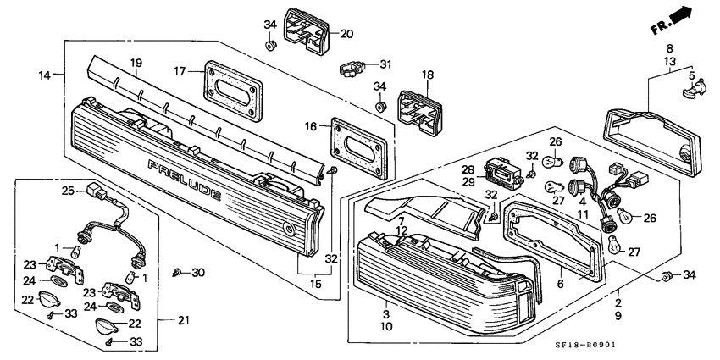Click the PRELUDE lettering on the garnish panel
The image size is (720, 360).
click(184, 180)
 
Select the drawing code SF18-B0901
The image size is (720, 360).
click(584, 345)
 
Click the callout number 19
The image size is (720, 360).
click(136, 63)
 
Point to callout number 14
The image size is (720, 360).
click(44, 75)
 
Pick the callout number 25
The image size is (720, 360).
click(68, 190)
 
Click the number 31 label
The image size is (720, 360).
click(385, 64)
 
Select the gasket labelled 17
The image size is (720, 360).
click(233, 91)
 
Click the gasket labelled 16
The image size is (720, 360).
click(359, 148)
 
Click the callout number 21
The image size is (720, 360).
click(184, 320)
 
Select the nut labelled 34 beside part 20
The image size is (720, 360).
click(270, 46)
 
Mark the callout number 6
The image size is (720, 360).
click(560, 285)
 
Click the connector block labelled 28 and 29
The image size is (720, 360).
click(503, 172)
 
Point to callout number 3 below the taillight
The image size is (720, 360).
click(386, 314)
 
